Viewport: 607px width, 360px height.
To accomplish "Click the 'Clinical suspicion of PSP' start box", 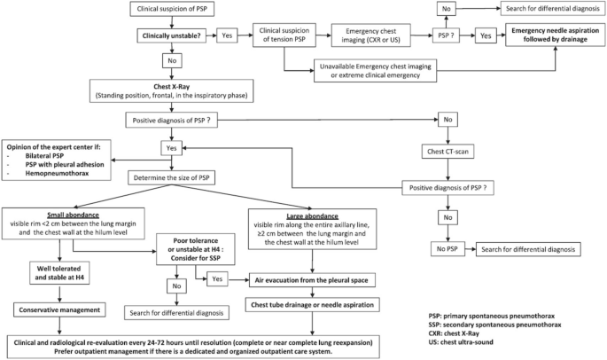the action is coord(172,9).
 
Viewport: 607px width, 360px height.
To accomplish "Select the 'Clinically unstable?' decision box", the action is coord(172,36).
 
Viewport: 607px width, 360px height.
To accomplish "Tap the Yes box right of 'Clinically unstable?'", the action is coord(227,35).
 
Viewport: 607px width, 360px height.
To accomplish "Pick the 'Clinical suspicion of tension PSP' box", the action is coord(284,35).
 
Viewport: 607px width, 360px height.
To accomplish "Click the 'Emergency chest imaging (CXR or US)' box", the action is coord(371,35).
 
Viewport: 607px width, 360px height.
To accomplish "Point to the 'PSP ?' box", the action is coord(446,35).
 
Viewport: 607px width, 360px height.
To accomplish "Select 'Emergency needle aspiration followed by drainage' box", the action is coord(555,35).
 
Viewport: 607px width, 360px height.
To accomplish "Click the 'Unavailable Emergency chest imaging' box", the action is coord(375,71).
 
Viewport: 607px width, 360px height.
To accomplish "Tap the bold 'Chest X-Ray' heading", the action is coord(172,87).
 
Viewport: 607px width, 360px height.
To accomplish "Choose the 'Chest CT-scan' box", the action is coord(447,152).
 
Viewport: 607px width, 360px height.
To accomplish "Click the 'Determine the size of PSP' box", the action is coord(172,178).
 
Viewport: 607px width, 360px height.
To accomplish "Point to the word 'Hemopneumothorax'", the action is coord(57,173).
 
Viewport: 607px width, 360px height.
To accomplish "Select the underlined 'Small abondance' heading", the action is coord(74,215).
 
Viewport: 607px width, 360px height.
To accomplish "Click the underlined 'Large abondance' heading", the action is coord(312,216).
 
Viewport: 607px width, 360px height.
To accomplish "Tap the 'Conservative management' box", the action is coord(59,310).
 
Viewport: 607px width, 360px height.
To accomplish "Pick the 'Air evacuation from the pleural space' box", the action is coord(312,280).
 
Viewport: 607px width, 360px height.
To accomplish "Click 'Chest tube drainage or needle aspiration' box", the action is coord(312,305).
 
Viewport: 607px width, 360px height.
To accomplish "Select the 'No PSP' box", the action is coord(447,249).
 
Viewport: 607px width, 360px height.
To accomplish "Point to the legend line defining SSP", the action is coord(494,325).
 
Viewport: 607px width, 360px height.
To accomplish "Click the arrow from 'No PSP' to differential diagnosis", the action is coord(471,249).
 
